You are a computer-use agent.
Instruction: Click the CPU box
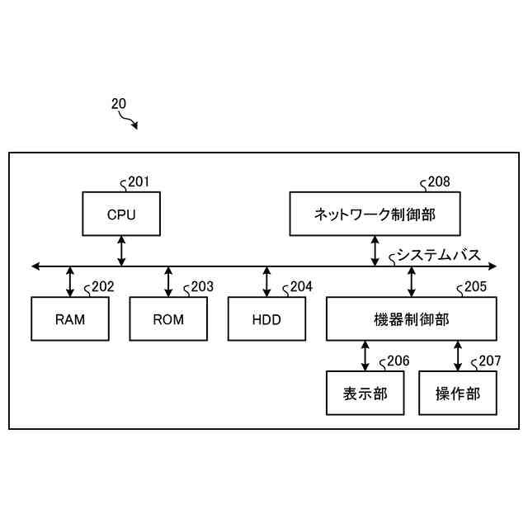(x=121, y=214)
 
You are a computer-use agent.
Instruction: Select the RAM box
(x=70, y=318)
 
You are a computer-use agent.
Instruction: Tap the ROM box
(x=168, y=318)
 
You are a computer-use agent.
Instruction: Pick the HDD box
(x=266, y=318)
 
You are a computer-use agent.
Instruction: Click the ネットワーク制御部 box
(x=375, y=214)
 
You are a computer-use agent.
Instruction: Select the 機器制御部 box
(x=412, y=318)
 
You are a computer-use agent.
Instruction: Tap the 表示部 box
(x=365, y=393)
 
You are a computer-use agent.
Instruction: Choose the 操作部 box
(x=458, y=393)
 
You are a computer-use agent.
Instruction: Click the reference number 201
(x=139, y=182)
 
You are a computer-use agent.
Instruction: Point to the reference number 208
(x=439, y=182)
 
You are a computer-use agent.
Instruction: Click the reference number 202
(x=102, y=287)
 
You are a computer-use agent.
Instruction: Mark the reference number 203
(x=201, y=287)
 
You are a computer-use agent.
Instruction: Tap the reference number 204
(x=301, y=287)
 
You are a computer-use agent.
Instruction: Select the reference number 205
(x=475, y=287)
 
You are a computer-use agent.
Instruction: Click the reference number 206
(x=397, y=361)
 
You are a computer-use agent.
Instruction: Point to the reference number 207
(x=489, y=361)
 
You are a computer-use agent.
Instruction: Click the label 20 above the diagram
(x=119, y=104)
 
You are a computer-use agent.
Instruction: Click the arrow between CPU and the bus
(x=121, y=250)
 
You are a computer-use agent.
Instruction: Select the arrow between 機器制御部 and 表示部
(x=365, y=356)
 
